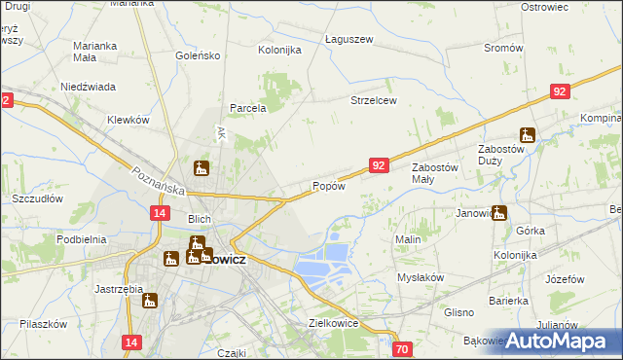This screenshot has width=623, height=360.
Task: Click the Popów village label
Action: (x=328, y=187)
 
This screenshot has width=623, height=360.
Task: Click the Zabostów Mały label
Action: (x=435, y=172)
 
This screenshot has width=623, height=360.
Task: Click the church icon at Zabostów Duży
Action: (x=528, y=136)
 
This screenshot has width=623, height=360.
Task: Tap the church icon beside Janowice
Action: (x=499, y=213)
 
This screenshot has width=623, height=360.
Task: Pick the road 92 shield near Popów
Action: (x=380, y=166)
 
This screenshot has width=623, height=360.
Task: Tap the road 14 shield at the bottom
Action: (x=133, y=342)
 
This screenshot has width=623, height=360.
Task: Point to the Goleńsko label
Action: (x=199, y=56)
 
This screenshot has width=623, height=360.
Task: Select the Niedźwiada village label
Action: (x=89, y=86)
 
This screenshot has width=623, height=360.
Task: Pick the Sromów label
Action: (x=503, y=48)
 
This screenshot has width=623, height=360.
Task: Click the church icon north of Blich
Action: (x=201, y=168)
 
